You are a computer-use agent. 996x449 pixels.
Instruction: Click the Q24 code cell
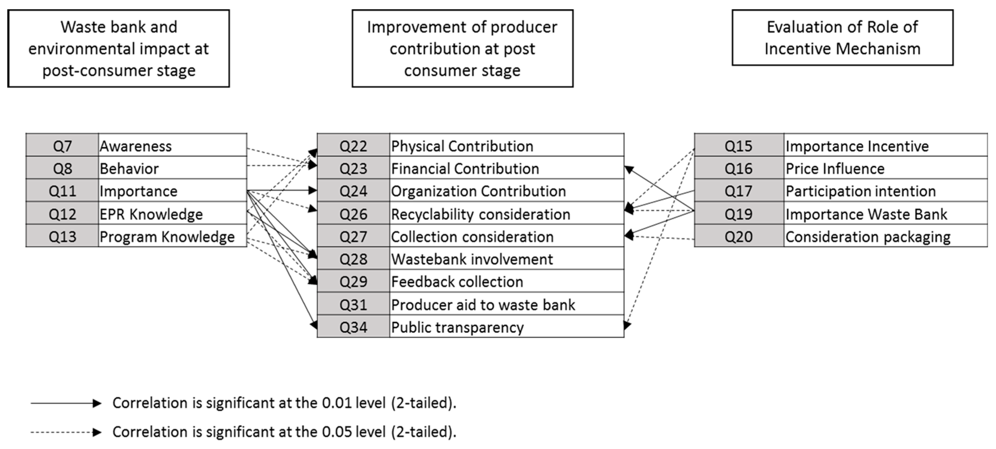tap(353, 190)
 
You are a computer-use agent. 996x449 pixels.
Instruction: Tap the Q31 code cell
tap(353, 304)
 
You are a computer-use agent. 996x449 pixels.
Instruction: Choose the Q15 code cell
tap(738, 145)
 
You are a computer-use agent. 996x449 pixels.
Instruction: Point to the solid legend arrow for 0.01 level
tap(66, 403)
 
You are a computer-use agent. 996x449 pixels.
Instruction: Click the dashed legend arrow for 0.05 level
tap(66, 432)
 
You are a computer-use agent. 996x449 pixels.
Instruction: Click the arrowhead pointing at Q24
tap(312, 190)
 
